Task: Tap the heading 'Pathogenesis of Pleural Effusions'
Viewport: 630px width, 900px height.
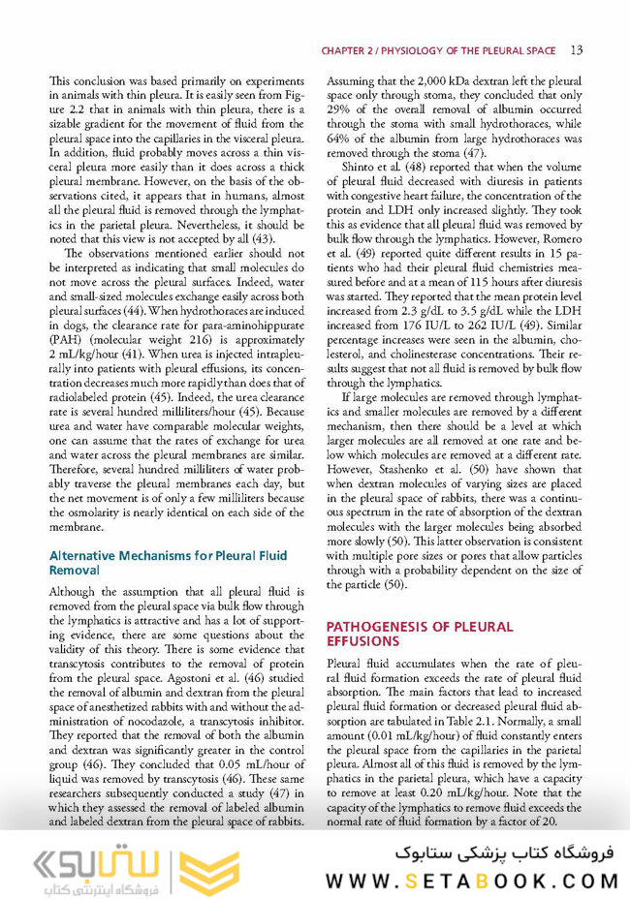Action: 419,635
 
